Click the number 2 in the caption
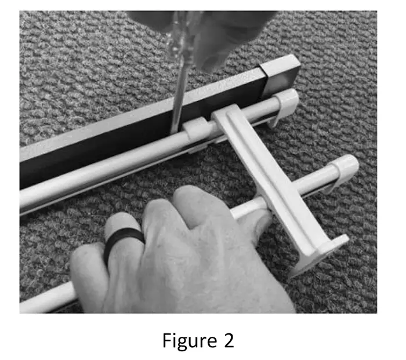[x=228, y=340]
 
